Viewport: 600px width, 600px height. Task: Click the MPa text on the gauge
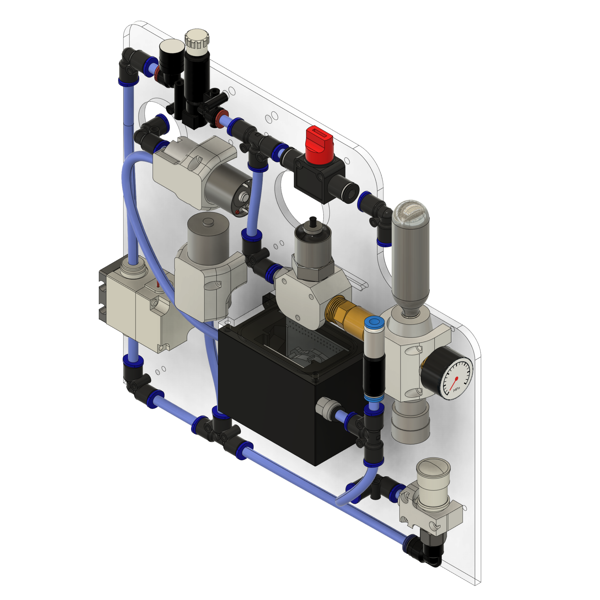456,390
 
